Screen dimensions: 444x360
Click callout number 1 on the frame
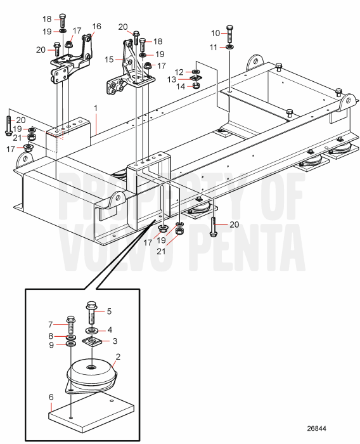click(96, 108)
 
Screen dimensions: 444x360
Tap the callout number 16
click(97, 27)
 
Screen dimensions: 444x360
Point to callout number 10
click(215, 33)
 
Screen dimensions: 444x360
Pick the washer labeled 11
click(229, 47)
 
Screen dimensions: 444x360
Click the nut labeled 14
click(196, 86)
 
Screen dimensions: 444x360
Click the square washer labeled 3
click(93, 343)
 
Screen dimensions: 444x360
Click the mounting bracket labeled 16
click(72, 60)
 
